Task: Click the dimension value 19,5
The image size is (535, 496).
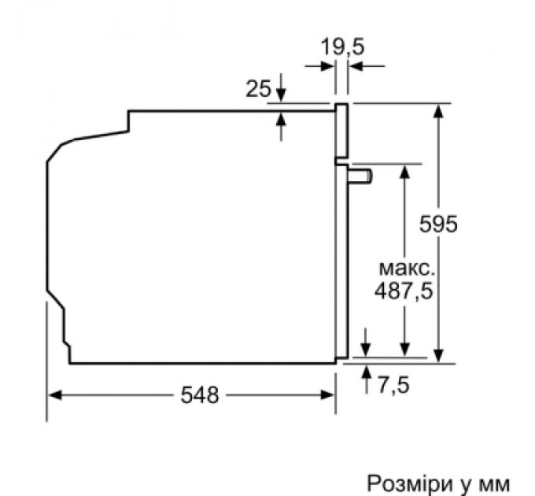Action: pyautogui.click(x=342, y=46)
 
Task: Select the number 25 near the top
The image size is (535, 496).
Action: pyautogui.click(x=258, y=89)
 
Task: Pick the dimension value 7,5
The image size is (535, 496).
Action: pyautogui.click(x=393, y=386)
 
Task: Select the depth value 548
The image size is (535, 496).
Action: pyautogui.click(x=197, y=396)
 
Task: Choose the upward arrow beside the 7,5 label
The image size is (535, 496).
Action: pyautogui.click(x=366, y=375)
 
